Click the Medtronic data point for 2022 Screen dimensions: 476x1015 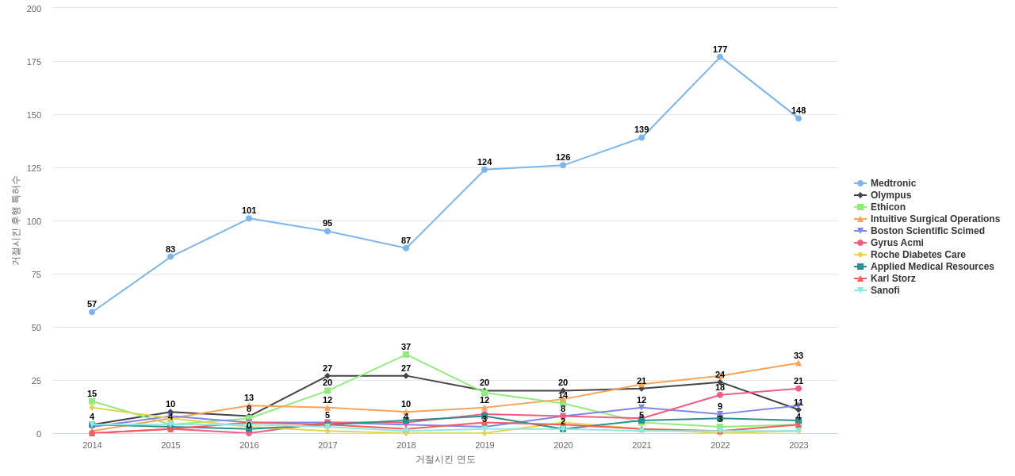720,57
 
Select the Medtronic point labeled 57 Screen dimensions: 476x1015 92,312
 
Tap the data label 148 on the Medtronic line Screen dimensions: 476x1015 799,110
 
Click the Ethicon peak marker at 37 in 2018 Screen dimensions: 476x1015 406,355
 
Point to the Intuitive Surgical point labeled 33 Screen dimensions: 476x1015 799,363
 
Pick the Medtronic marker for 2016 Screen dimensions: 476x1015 249,218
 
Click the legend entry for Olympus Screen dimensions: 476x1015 891,195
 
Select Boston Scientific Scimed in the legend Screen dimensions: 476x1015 927,231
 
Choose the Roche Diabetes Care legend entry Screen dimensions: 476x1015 917,255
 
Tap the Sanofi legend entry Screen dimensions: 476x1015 885,290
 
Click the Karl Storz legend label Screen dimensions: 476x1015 893,278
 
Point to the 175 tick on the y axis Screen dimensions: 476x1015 34,62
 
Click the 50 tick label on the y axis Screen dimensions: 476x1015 36,328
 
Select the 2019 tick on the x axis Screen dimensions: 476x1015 485,445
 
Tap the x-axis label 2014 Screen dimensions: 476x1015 92,445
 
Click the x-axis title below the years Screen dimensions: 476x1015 445,459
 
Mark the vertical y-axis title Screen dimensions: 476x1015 15,221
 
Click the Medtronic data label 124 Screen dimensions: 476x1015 485,162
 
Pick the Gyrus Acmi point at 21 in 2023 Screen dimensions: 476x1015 799,389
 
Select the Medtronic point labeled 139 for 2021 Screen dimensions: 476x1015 642,137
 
